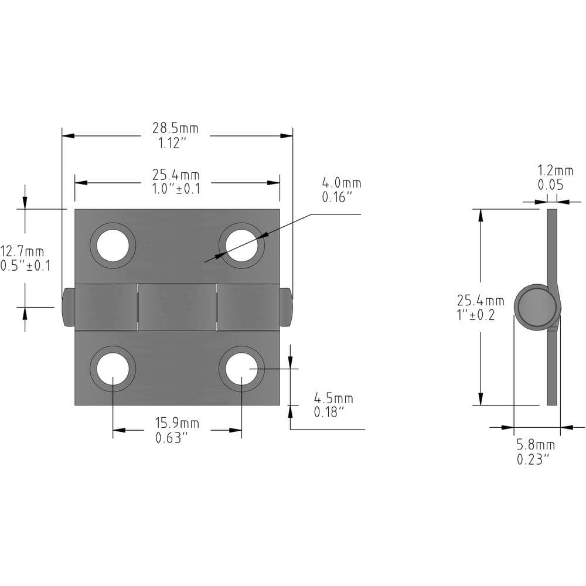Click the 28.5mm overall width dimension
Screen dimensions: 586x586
(x=175, y=128)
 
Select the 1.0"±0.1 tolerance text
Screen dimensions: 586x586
(x=176, y=189)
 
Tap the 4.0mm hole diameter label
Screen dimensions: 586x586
(x=342, y=183)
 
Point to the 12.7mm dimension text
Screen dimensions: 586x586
(x=22, y=251)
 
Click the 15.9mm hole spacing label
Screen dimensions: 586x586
(x=177, y=424)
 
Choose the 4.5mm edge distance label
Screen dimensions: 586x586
(x=333, y=398)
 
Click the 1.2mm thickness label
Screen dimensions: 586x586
(x=556, y=171)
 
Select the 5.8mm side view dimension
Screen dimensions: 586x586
(x=536, y=445)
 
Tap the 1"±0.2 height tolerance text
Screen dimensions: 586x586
(x=476, y=315)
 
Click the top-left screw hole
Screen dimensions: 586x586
(x=113, y=246)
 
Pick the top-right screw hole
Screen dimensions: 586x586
(x=241, y=246)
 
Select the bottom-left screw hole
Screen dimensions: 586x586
(x=113, y=369)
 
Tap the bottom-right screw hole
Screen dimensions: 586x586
(x=241, y=369)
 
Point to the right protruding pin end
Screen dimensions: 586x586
(x=286, y=307)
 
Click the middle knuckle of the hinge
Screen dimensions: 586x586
(x=177, y=307)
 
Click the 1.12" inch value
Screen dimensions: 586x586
(x=172, y=143)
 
